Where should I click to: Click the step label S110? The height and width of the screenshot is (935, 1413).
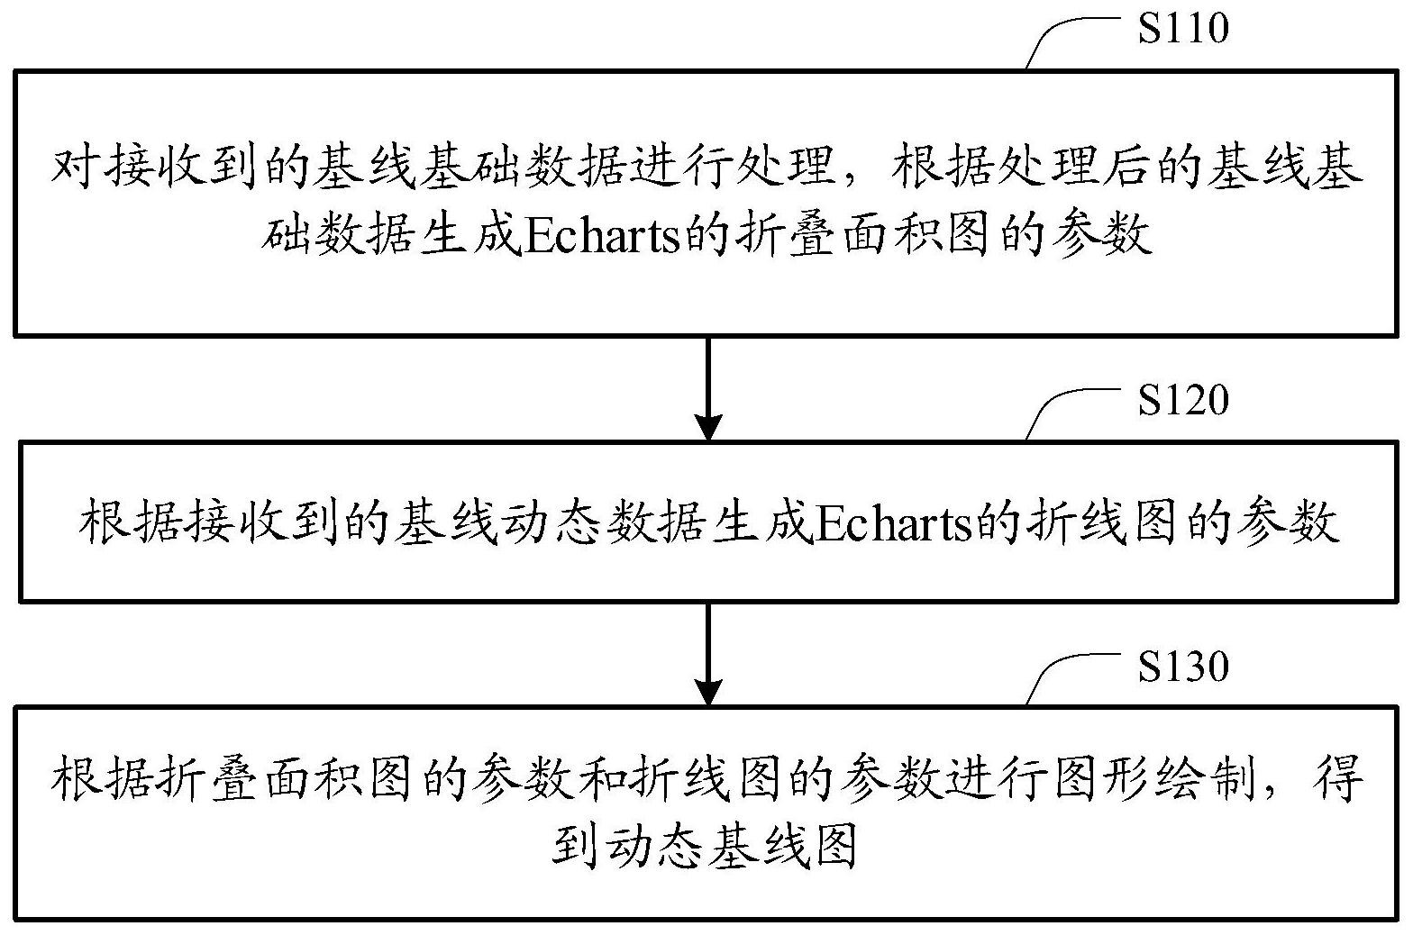(x=1183, y=28)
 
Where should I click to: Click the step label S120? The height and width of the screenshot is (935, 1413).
(x=1183, y=400)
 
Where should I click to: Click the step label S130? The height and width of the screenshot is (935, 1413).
(x=1183, y=667)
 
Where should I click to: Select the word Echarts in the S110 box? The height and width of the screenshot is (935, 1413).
(x=603, y=236)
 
